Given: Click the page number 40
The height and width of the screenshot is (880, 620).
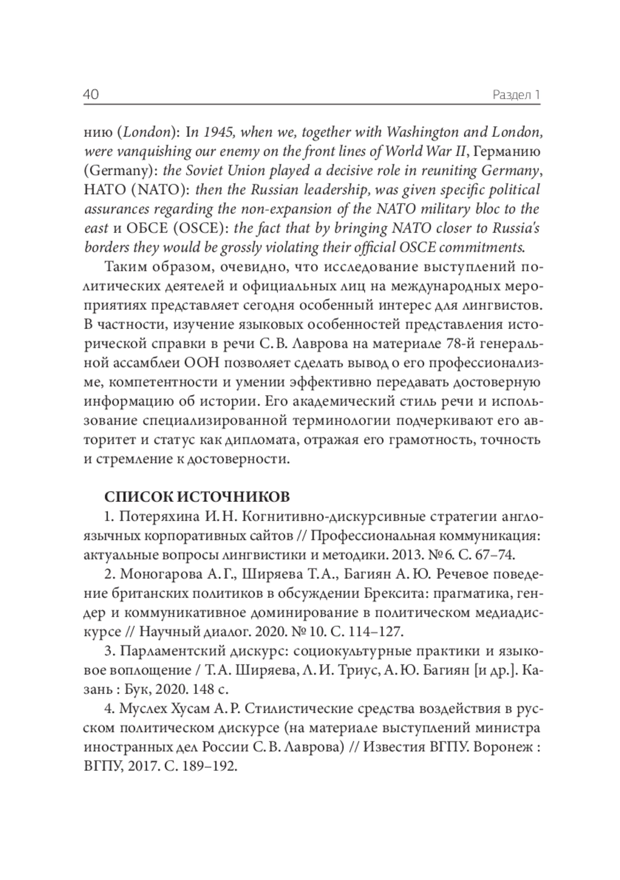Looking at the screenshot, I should coord(91,95).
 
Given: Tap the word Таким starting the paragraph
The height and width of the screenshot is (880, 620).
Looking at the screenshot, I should coord(127,267).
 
